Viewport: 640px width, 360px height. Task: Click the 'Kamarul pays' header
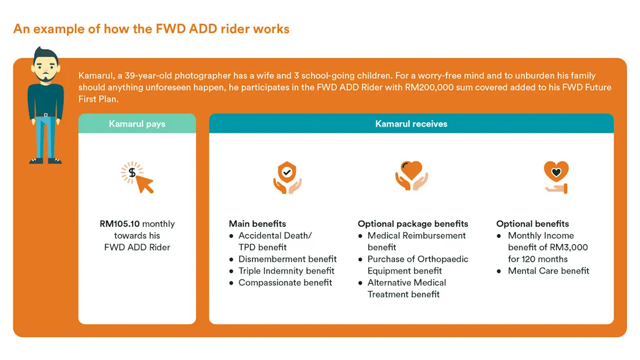click(137, 124)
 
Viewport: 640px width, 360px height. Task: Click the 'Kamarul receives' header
click(411, 124)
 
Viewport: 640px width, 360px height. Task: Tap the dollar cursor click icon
click(137, 178)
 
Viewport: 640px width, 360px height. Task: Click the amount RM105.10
click(119, 224)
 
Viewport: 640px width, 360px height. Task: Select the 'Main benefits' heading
click(258, 224)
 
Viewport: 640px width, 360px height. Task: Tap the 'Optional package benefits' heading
click(413, 224)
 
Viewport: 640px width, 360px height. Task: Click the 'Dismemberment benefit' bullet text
click(287, 259)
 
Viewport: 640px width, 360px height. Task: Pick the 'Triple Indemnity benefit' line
click(286, 271)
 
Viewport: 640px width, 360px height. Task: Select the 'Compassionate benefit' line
click(285, 283)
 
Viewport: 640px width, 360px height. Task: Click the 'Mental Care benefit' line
click(548, 271)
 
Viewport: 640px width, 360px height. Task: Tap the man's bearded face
click(45, 68)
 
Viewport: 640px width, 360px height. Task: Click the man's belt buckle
click(45, 115)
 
